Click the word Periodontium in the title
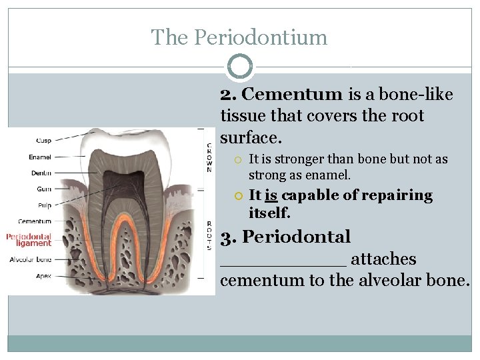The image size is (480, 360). [261, 37]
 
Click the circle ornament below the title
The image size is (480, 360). [240, 67]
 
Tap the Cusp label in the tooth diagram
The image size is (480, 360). [45, 140]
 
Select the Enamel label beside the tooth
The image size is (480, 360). [40, 157]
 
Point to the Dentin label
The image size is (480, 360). [41, 173]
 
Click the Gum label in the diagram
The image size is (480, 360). [45, 189]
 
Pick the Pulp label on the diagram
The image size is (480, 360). [45, 205]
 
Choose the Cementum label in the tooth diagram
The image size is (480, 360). [35, 221]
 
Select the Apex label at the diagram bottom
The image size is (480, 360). [43, 275]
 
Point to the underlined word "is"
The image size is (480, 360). [271, 195]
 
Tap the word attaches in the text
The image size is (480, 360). [383, 259]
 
